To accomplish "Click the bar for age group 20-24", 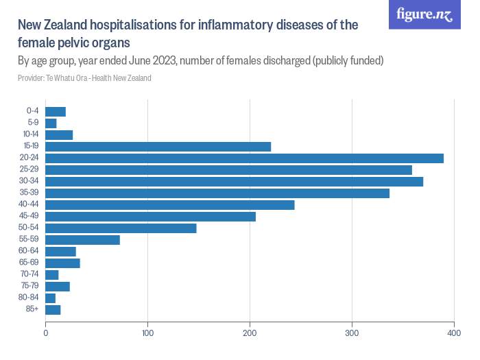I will (x=244, y=158).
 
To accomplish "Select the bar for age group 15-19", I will (x=158, y=147).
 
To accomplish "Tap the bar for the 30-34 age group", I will (x=234, y=182).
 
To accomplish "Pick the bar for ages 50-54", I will (x=121, y=228).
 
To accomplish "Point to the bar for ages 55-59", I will (x=82, y=240).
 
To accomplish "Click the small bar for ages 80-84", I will (x=50, y=298).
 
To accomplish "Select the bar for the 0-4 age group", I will (x=56, y=112).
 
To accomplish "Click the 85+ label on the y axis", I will (x=33, y=310).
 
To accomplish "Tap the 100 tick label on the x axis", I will (x=147, y=333).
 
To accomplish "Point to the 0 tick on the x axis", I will (x=45, y=333).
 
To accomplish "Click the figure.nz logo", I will (x=424, y=14).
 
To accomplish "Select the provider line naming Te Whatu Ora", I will (x=84, y=78).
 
